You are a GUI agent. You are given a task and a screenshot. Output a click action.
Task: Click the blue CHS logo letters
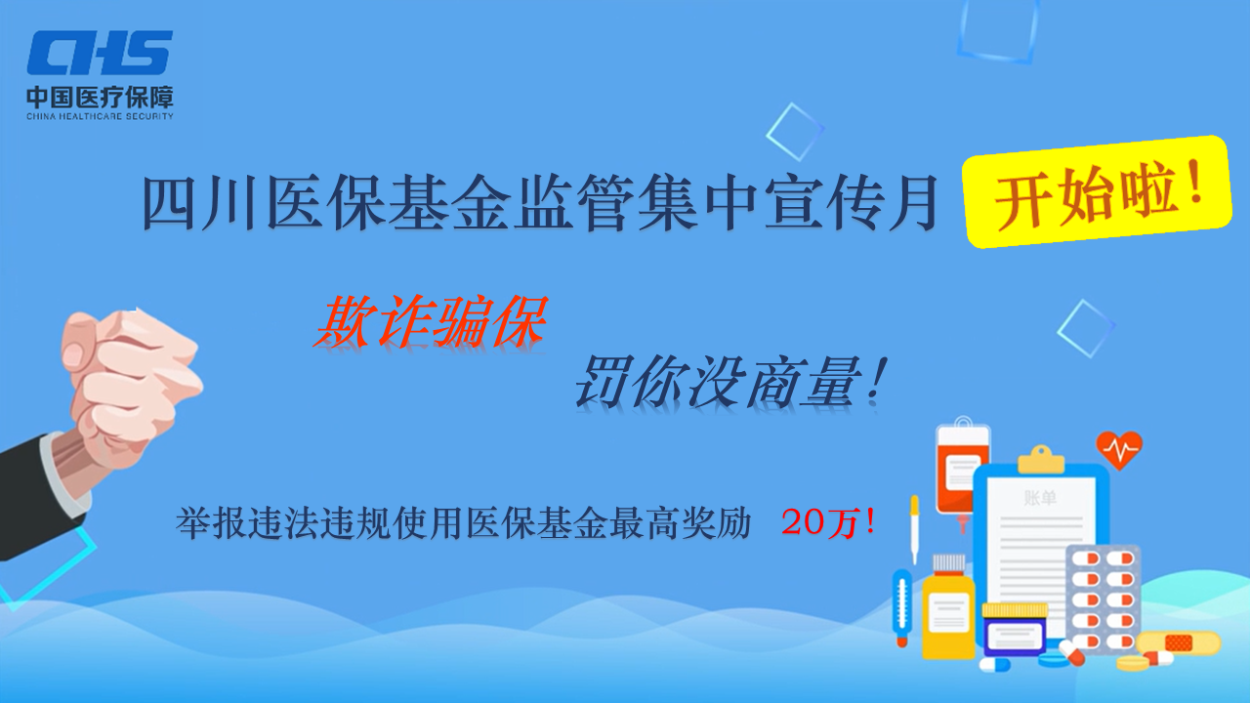tap(100, 53)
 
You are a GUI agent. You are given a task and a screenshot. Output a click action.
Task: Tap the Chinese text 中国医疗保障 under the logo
tap(100, 97)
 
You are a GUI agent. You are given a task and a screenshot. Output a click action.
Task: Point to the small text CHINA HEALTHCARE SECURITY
tap(100, 116)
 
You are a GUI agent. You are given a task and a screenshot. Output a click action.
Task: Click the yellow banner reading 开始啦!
tap(1096, 191)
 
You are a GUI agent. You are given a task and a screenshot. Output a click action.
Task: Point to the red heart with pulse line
tap(1119, 449)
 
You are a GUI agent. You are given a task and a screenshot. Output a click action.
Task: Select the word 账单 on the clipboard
tap(1040, 498)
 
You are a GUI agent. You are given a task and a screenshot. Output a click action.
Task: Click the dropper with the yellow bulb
tap(914, 527)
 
